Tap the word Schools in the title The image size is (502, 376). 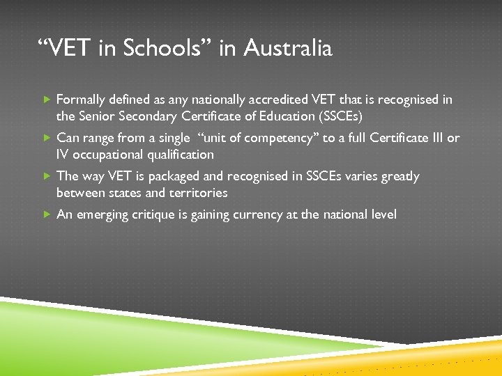point(172,49)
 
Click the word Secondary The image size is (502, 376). point(149,116)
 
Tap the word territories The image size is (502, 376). point(196,192)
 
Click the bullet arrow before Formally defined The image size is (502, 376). point(46,100)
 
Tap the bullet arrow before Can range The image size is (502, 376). point(46,138)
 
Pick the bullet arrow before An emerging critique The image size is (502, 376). point(46,214)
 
